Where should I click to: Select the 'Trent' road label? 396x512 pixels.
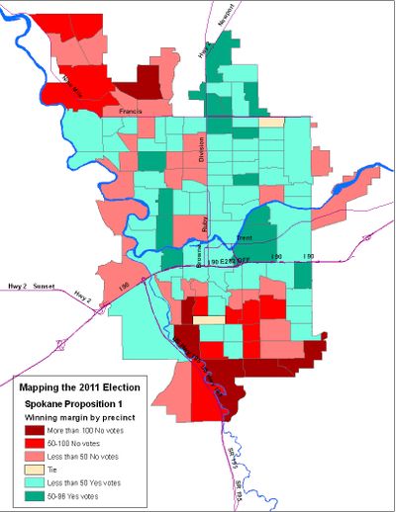tap(245, 239)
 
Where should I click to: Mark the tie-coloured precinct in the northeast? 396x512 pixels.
tap(272, 123)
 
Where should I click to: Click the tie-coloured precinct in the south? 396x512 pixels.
tap(208, 320)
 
